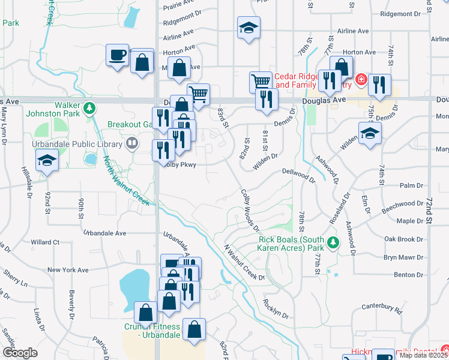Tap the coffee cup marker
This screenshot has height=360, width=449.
click(x=118, y=56)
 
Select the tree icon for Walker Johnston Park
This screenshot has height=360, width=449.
click(x=90, y=108)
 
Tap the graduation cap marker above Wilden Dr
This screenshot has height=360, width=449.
click(x=370, y=134)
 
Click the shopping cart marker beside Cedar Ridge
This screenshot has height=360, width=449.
click(x=261, y=82)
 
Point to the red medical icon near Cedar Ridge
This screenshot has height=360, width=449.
click(x=361, y=79)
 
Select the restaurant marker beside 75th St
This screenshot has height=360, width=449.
click(x=379, y=85)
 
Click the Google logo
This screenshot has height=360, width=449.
click(x=20, y=353)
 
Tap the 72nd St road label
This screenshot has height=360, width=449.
click(x=429, y=210)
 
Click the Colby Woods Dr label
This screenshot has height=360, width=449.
click(x=250, y=211)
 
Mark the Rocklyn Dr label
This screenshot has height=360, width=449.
click(x=276, y=307)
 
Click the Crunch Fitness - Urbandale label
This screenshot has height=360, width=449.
click(x=152, y=331)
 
